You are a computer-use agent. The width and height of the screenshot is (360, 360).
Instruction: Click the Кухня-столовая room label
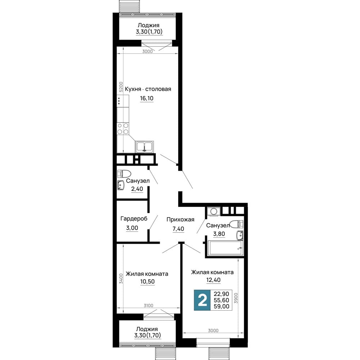point(148,89)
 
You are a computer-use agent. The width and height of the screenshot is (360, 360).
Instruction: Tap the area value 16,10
point(147,98)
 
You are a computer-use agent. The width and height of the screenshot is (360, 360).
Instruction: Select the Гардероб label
point(134,219)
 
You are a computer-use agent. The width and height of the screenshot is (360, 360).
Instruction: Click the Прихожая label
point(180,220)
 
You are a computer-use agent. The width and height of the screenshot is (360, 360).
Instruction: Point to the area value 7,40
point(178,229)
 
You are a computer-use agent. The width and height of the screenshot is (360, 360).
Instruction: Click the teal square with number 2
point(202,300)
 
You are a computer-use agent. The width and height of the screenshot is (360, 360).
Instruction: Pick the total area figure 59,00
point(221,306)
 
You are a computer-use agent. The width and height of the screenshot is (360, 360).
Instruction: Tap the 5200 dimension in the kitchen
point(121,87)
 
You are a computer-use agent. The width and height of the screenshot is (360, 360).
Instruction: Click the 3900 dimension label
point(236,298)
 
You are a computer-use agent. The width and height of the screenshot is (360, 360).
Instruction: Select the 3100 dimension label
point(148,306)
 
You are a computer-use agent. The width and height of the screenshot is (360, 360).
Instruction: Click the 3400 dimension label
point(121,279)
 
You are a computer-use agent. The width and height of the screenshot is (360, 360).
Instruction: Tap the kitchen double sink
point(144,147)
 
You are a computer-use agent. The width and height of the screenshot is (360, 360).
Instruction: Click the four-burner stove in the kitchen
point(123,129)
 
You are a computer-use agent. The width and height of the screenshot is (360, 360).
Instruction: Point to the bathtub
point(225,248)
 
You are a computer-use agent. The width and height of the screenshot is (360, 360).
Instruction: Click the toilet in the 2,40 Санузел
point(124,174)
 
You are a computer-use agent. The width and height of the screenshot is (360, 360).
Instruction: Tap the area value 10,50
point(147,282)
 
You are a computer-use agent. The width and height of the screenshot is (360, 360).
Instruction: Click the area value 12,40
point(213,280)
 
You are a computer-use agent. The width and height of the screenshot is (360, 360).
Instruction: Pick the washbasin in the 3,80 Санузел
point(240,235)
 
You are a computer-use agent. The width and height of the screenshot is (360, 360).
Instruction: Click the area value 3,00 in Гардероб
point(132,228)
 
